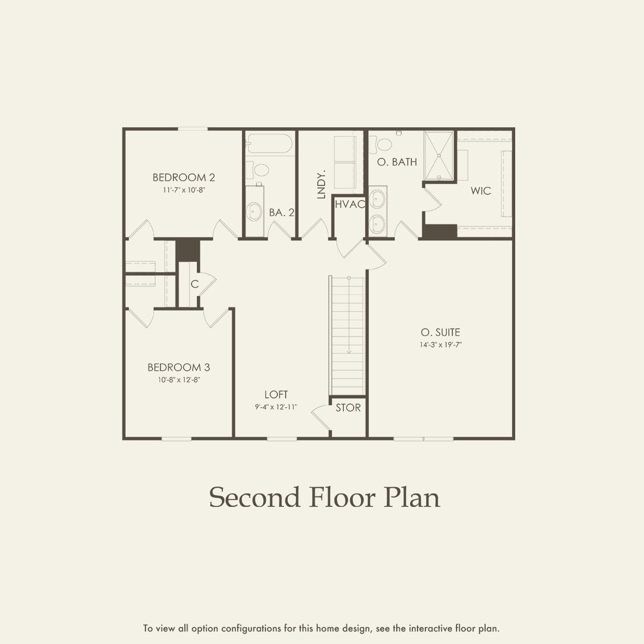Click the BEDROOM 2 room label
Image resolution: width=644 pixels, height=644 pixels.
183,178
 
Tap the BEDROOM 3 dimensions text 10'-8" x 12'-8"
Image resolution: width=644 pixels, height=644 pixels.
179,380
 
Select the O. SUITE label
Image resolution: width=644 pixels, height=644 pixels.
440,332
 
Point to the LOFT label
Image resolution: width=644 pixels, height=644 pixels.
276,395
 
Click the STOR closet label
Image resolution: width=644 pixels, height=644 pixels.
348,408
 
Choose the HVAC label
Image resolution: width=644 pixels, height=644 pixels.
350,205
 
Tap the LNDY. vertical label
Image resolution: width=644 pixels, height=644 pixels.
321,184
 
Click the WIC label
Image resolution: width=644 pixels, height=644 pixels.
480,191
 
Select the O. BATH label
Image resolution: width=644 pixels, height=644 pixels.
397,162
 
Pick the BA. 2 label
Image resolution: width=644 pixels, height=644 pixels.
281,212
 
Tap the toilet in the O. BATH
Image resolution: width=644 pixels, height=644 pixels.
385,142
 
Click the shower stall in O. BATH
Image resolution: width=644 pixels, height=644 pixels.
439,155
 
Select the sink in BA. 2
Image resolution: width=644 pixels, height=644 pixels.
254,211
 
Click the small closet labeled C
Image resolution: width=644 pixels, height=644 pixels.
194,284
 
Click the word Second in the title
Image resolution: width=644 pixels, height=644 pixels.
254,498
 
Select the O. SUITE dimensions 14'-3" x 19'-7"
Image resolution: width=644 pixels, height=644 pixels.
440,344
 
